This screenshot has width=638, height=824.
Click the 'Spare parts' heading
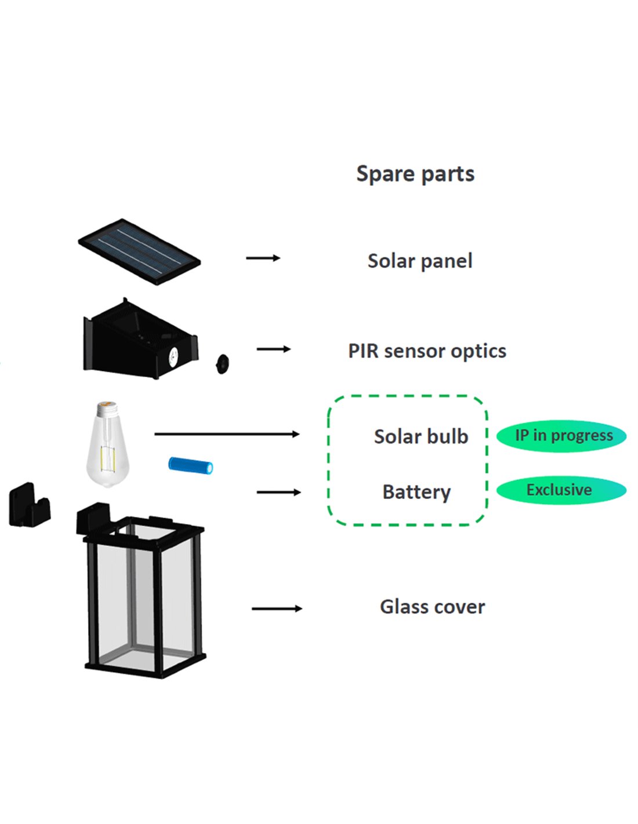pos(415,174)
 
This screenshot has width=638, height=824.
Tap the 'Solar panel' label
pos(420,261)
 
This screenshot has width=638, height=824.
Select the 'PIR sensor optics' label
pos(427,351)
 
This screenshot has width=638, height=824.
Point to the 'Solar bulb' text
pos(421,436)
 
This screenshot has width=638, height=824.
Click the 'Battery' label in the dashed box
pos(416,492)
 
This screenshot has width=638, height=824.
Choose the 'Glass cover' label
pos(432,607)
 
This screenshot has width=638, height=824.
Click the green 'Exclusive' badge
pos(560,490)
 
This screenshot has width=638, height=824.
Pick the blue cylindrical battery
pos(191,465)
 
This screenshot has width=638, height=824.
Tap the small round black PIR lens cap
pos(222,363)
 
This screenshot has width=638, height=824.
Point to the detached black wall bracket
pos(28,505)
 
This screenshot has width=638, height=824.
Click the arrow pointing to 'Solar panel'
pos(263,258)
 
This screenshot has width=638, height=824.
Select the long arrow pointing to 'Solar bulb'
pos(227,434)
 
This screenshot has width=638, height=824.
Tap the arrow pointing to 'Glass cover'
pos(277,608)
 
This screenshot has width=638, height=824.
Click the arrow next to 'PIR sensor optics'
pos(273,349)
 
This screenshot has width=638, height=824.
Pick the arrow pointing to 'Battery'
pos(278,493)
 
